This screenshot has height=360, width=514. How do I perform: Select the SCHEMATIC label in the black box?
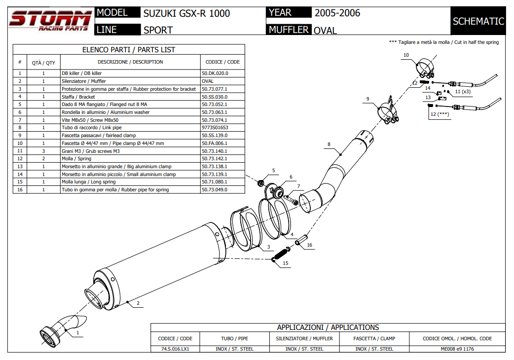click(478, 21)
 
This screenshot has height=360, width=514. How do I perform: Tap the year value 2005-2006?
click(337, 13)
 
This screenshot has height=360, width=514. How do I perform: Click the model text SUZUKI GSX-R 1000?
click(186, 13)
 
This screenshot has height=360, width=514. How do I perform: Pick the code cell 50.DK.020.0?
click(215, 73)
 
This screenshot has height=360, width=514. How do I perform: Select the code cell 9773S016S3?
click(215, 127)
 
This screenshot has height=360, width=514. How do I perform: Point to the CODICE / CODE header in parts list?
click(222, 62)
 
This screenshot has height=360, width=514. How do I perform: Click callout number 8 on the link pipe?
click(329, 144)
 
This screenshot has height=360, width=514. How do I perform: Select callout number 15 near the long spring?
click(285, 263)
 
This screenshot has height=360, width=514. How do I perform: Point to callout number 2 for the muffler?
click(138, 303)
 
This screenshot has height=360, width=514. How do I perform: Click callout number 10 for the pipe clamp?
click(406, 55)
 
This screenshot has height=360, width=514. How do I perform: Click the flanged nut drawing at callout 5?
click(261, 183)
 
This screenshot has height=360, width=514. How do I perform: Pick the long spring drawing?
click(280, 253)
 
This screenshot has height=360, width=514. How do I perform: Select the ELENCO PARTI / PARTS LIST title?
click(128, 50)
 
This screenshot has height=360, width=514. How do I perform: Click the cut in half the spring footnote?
click(444, 42)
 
